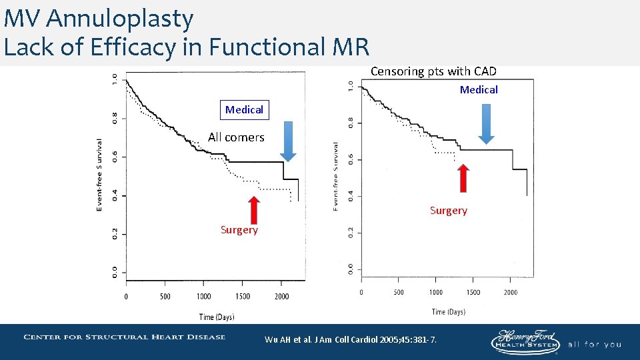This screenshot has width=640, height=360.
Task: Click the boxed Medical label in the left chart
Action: point(244,109)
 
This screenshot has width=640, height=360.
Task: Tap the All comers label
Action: point(236,137)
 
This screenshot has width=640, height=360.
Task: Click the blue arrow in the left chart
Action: point(288,141)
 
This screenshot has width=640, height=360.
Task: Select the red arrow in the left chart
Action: point(253,210)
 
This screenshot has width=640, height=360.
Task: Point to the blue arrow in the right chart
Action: point(487,124)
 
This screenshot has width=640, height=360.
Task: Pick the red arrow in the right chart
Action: point(463,178)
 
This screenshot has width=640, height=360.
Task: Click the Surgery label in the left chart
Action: point(239,230)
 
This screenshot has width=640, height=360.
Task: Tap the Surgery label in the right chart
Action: point(448,211)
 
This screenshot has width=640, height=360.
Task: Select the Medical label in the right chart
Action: point(479,90)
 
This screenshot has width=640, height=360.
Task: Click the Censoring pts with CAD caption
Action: point(433,71)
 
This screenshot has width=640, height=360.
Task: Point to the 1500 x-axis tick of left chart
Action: point(243,297)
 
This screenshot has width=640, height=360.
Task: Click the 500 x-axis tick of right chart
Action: point(398,292)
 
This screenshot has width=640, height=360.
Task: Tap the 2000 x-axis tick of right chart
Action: point(510,292)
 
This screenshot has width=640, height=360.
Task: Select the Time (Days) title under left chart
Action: point(216,317)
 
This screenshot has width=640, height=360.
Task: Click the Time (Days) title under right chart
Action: point(448,311)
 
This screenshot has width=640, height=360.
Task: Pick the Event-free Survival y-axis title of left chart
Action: point(99,175)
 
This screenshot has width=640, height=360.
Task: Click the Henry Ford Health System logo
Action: point(525,341)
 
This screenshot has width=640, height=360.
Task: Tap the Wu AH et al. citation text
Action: point(351,340)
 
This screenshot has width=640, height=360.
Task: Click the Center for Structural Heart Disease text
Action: point(125,337)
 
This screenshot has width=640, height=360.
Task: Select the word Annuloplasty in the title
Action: point(120,19)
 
